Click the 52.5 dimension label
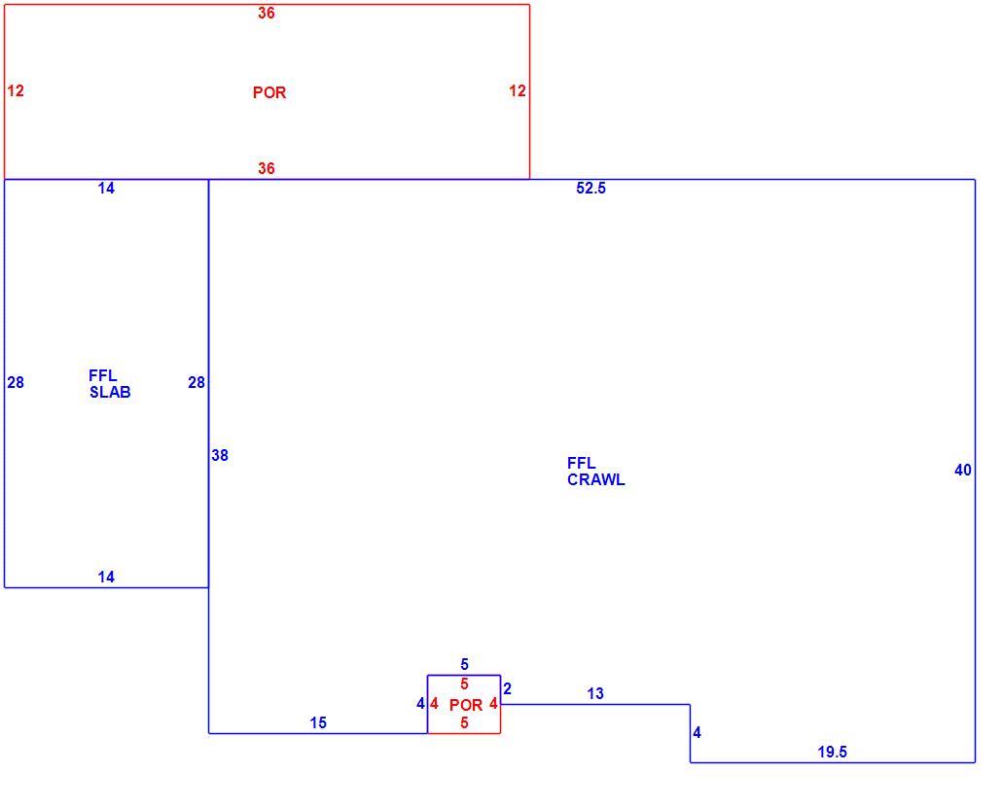coord(590,189)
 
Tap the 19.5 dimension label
coord(832,753)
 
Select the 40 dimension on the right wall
coord(962,470)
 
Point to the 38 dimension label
coord(219,455)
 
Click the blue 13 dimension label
coord(595,693)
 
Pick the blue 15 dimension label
coord(318,722)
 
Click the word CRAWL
coord(596,480)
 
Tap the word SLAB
coord(110,393)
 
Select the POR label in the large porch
coord(269,92)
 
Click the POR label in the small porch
coord(466,705)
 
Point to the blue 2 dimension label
coord(508,689)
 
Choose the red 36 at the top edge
coord(267,13)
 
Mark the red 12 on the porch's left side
coord(16,90)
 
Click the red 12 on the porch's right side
coord(517,90)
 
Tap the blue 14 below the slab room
coord(106,578)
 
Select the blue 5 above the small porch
coord(465,665)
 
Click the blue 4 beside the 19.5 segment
coord(698,733)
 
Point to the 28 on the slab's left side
coord(16,382)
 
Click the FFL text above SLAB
coord(103,375)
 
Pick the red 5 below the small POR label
coord(465,723)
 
